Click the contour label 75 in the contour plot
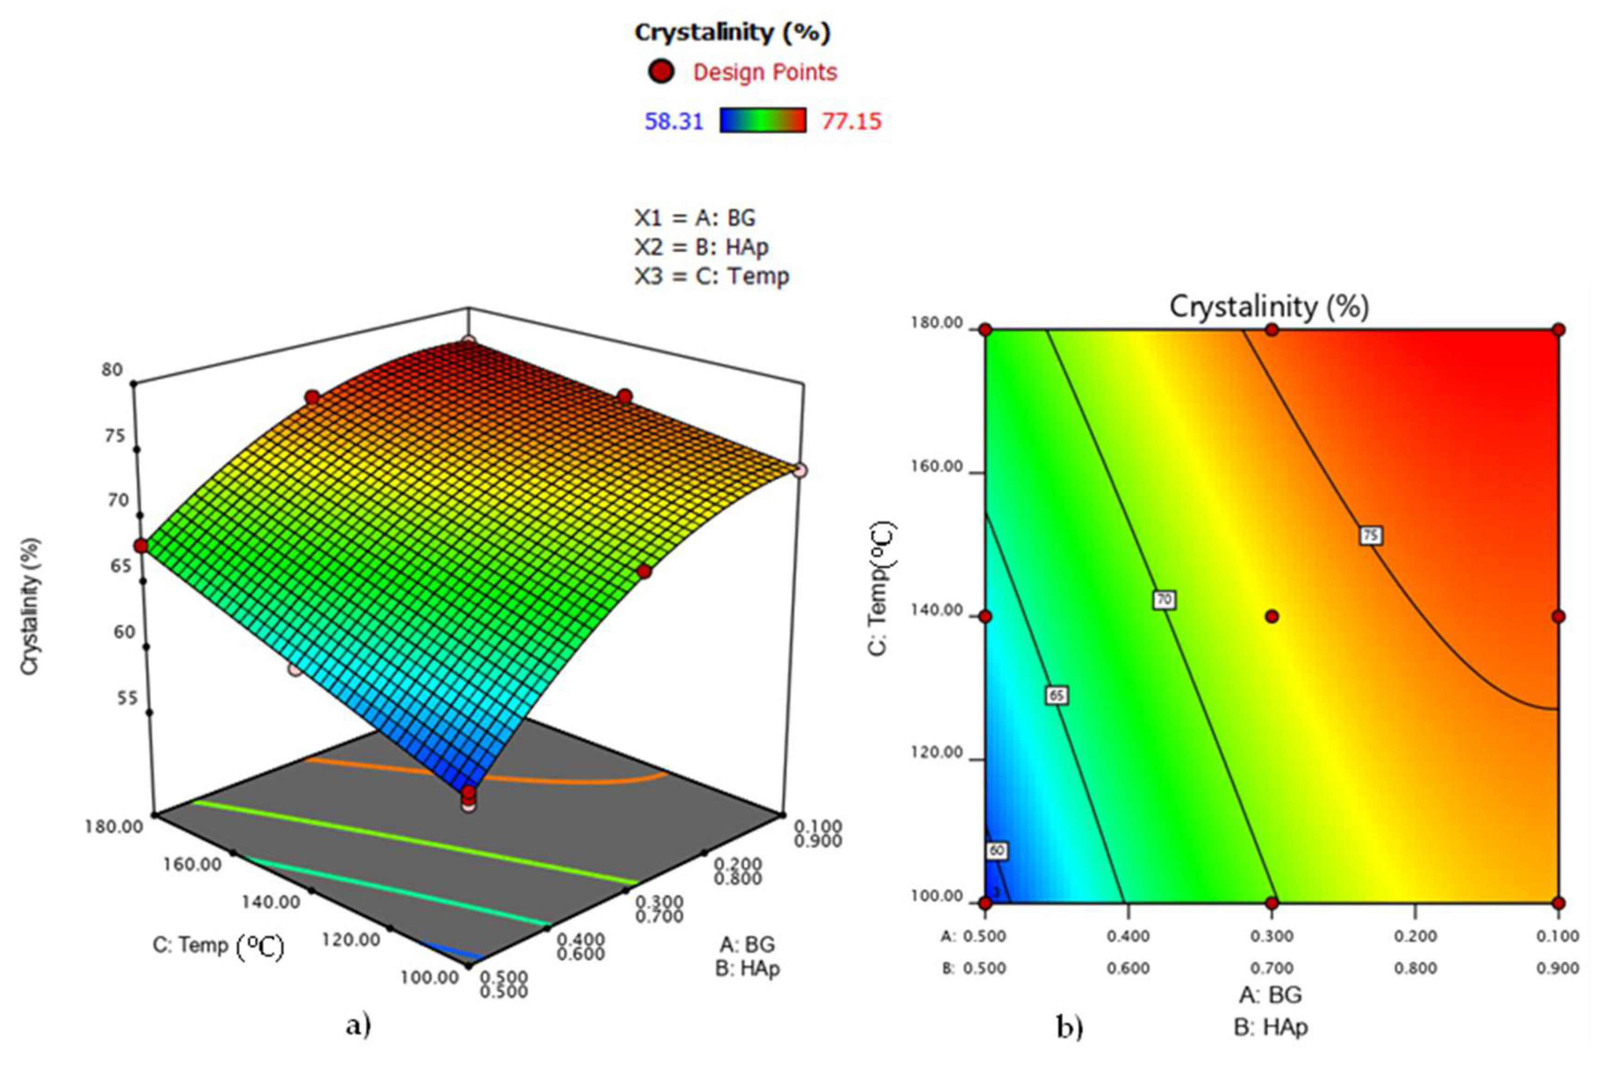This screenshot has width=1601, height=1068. (x=1370, y=535)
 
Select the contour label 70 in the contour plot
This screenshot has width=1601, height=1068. (x=1164, y=599)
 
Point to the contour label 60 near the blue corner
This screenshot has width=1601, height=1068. (x=996, y=851)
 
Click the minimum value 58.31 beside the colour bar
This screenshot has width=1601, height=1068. (x=674, y=121)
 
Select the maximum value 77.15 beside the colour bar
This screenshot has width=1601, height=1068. (x=851, y=121)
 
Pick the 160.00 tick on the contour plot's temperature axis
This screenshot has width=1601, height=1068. (x=937, y=467)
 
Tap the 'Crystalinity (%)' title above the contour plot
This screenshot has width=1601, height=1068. (x=1268, y=307)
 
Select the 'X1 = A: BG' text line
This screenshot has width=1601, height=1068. (x=695, y=218)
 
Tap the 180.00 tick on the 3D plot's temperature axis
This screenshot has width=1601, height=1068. (x=114, y=826)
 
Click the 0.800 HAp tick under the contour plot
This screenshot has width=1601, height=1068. (x=1415, y=968)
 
